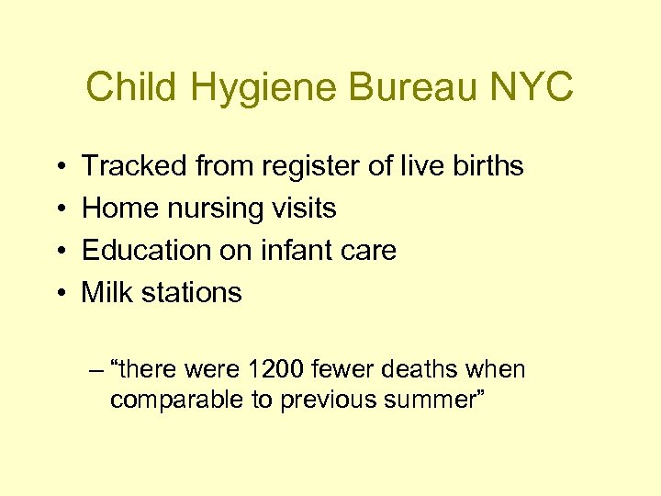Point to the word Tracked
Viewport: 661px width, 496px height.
(x=134, y=166)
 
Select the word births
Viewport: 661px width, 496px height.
(x=484, y=166)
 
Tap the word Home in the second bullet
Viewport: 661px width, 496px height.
(x=120, y=209)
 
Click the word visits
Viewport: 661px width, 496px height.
(x=302, y=209)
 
